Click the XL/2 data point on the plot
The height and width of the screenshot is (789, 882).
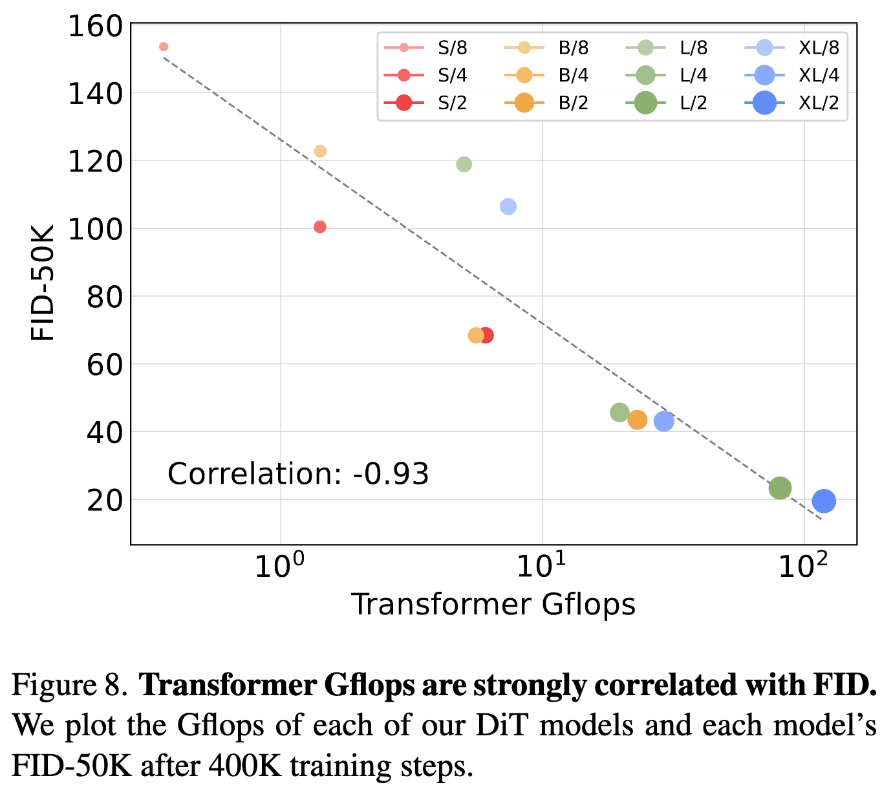click(824, 501)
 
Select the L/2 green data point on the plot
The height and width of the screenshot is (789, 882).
click(780, 488)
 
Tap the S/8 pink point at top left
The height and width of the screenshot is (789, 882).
click(164, 47)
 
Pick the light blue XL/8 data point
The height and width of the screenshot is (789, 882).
click(508, 207)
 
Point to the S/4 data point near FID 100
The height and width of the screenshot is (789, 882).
click(319, 227)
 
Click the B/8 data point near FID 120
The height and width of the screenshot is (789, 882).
click(320, 151)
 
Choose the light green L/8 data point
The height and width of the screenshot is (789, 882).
click(464, 164)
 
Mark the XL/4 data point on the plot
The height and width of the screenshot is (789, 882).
click(663, 422)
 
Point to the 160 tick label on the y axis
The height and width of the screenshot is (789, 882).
click(95, 27)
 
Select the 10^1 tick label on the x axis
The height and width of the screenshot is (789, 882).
click(542, 566)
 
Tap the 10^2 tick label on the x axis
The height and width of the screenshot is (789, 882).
click(804, 566)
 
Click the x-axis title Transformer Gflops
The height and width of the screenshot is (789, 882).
click(493, 605)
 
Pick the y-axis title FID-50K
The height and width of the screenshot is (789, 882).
click(43, 283)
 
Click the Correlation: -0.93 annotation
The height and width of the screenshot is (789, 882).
click(298, 474)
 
